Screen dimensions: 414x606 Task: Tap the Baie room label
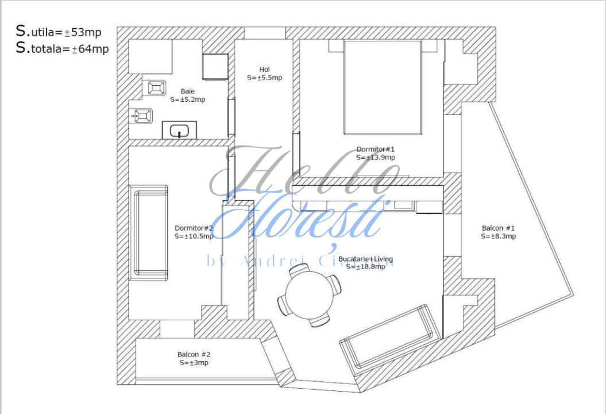187,91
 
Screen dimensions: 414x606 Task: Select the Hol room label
264,70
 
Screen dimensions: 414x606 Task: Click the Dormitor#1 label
375,149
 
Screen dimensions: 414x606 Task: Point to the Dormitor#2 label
194,227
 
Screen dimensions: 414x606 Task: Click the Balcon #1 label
498,228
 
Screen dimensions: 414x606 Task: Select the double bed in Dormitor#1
382,87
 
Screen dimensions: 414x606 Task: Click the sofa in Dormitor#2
149,232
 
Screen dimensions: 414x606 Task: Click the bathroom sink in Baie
179,130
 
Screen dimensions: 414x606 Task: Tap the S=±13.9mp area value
375,157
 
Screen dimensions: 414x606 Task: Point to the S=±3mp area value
194,363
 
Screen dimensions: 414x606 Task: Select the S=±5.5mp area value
264,78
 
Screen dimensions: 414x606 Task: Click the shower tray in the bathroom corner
150,56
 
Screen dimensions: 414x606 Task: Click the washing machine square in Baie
215,67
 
